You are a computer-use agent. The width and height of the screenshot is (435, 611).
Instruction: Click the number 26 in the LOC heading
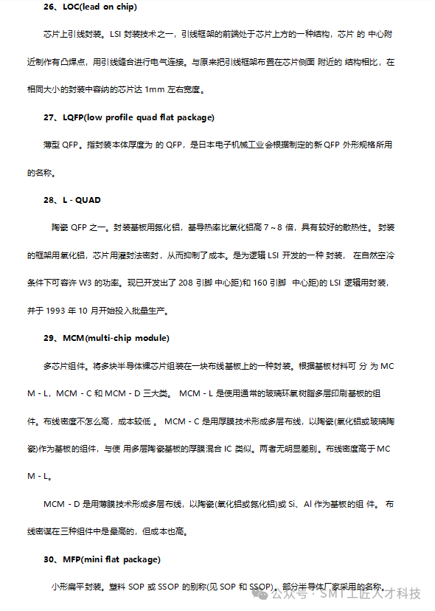[x=49, y=7]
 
